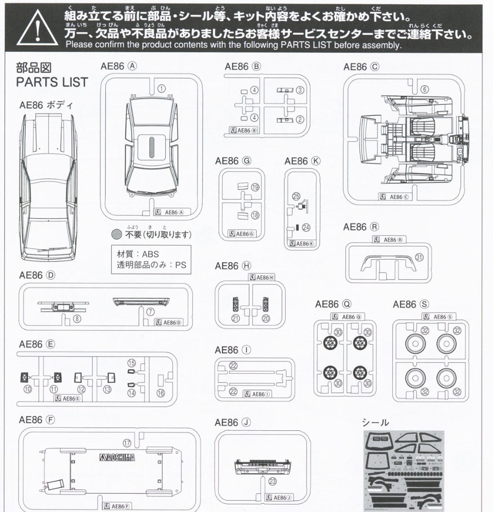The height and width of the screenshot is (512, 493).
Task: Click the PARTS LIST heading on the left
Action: tap(52, 82)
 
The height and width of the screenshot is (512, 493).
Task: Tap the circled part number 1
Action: tap(161, 88)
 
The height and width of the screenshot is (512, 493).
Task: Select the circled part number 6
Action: tap(424, 89)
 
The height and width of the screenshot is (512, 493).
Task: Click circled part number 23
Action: tap(273, 481)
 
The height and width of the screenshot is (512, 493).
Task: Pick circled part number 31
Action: tap(419, 257)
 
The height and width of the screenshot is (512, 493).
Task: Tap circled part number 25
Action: tap(296, 197)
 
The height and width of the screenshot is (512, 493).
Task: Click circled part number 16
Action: tap(160, 393)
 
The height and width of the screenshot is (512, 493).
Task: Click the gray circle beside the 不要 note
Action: tap(116, 234)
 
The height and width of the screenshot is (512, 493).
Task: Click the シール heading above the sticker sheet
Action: tap(375, 423)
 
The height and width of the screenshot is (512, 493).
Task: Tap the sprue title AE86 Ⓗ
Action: tap(233, 266)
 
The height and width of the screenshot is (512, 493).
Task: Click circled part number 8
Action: tap(77, 318)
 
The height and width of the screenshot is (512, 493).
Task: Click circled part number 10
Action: tap(27, 389)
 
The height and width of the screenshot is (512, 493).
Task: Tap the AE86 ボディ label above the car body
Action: tap(46, 105)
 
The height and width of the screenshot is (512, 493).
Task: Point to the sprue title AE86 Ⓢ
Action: tap(410, 304)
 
